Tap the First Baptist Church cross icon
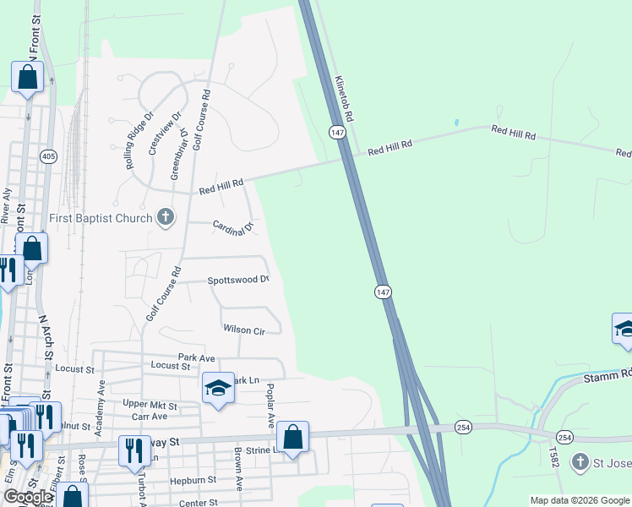(x=165, y=218)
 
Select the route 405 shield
(x=47, y=155)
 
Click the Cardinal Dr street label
(x=233, y=227)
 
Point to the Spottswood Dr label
(x=238, y=280)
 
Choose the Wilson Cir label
(x=244, y=330)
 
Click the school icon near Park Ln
(x=218, y=388)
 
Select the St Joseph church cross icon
(x=580, y=461)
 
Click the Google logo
(x=27, y=497)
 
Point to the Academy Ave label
(x=101, y=407)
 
